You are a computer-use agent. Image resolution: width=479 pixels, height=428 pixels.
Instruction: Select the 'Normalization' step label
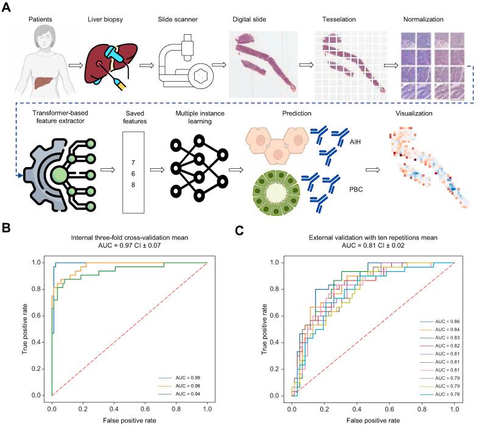point(424,20)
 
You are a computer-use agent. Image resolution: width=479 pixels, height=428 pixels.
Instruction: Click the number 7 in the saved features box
point(133,162)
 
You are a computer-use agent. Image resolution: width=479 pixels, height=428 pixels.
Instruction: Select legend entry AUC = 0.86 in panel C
point(434,320)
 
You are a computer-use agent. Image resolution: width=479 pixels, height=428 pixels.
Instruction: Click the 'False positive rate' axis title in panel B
point(130,420)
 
